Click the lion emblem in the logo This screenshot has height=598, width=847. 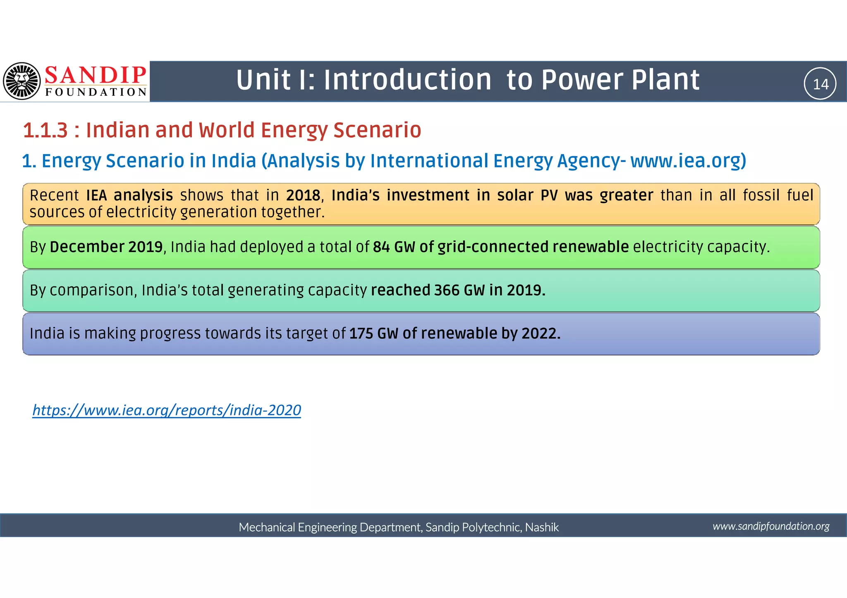point(22,81)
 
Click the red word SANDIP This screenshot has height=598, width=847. point(96,75)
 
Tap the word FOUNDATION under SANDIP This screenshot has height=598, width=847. point(96,92)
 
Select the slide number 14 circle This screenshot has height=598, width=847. point(820,84)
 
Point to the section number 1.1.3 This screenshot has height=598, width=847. point(45,131)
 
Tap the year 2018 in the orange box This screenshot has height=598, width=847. point(303,195)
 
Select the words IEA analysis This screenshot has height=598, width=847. point(129,195)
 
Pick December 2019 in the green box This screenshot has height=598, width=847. point(106,247)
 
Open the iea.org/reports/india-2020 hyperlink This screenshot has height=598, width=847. point(167,410)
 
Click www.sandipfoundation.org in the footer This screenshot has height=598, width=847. point(771,526)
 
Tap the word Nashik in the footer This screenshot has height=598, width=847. point(542,527)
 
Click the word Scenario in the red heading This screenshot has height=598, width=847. point(377,131)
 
